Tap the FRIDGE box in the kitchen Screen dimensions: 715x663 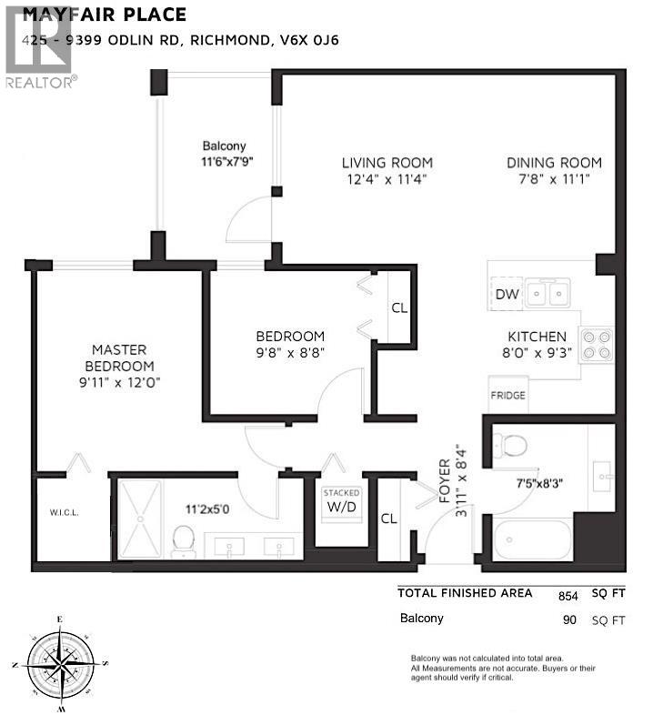[507, 396]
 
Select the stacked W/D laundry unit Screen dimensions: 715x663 [342, 501]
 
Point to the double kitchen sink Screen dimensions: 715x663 [548, 293]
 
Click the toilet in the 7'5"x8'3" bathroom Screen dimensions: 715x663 [514, 446]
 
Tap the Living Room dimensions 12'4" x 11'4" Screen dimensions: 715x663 [386, 179]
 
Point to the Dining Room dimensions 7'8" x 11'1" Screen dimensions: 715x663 [554, 179]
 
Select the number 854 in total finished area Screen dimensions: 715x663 [568, 596]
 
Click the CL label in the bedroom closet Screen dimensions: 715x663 [399, 307]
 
